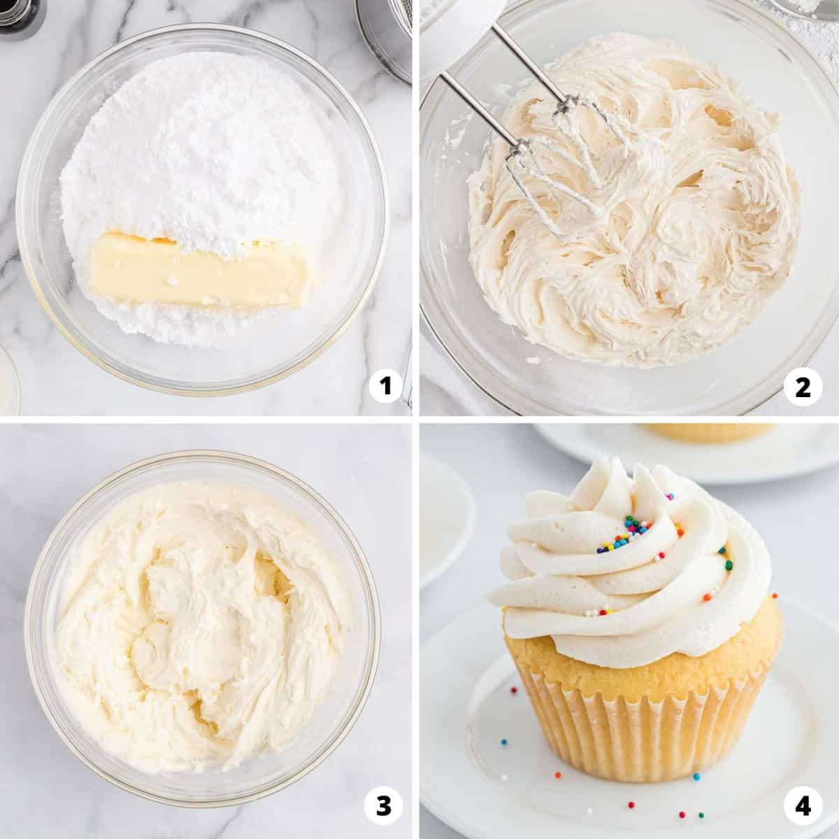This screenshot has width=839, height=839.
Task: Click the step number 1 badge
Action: point(385,386)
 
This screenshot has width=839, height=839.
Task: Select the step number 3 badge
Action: point(385,806)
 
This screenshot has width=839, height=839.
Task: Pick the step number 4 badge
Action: point(803,806)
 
